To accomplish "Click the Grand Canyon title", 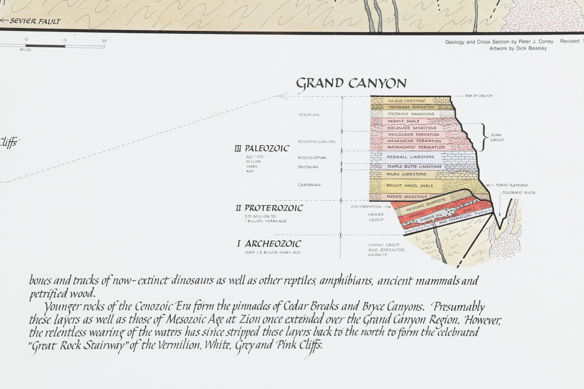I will (x=351, y=83).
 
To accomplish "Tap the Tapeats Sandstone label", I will (x=411, y=197).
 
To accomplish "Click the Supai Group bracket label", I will (x=498, y=136).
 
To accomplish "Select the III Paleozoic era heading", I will (x=262, y=148).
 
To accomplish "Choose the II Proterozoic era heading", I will (x=269, y=208).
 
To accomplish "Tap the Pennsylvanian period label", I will (x=316, y=142).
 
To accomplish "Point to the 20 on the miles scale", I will (x=105, y=40).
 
